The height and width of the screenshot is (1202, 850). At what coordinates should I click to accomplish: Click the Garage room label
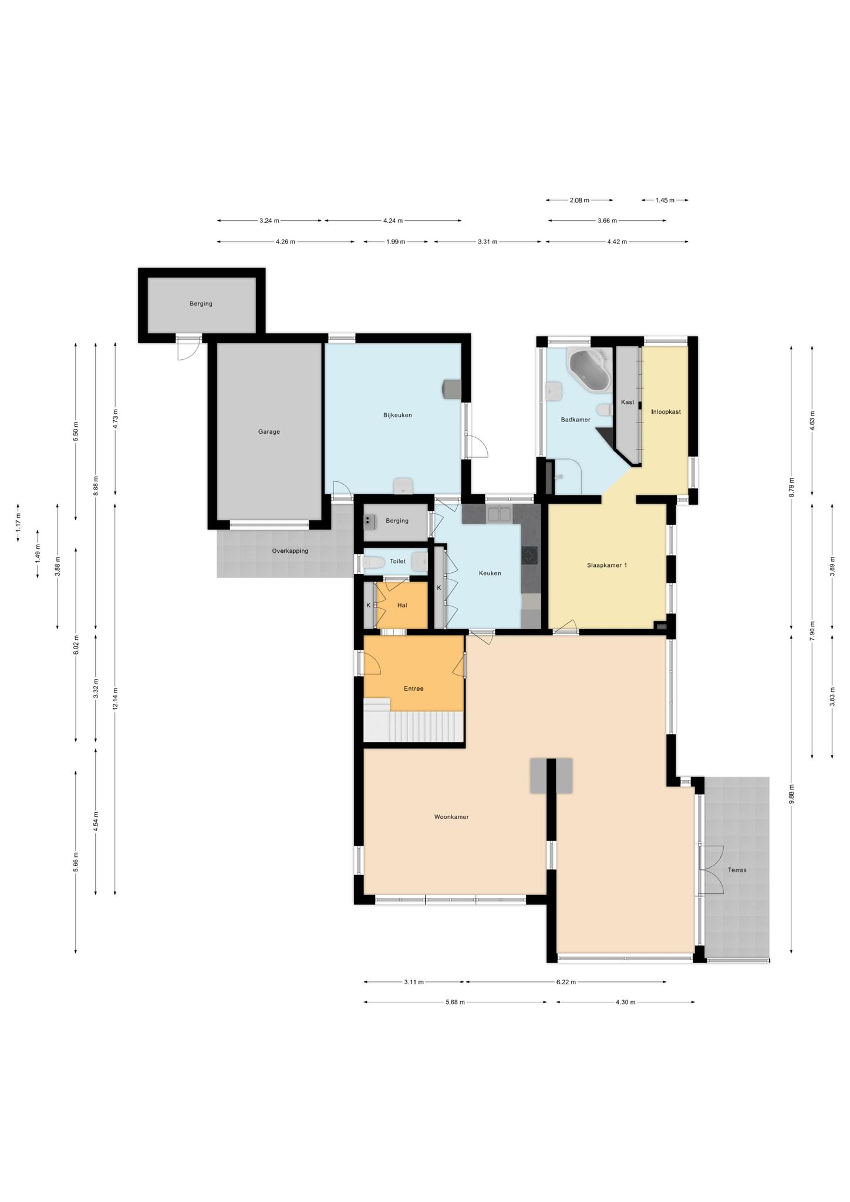(x=269, y=431)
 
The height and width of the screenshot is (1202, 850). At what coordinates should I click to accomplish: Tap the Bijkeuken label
(x=397, y=415)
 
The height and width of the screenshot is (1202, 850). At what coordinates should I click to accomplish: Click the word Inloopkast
(x=666, y=411)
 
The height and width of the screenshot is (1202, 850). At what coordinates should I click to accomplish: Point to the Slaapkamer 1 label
(x=607, y=565)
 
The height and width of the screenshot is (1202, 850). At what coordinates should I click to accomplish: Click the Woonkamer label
(x=451, y=816)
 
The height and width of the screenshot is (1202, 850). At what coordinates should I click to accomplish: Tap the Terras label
(x=737, y=870)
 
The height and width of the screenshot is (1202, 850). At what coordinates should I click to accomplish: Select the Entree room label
(x=414, y=688)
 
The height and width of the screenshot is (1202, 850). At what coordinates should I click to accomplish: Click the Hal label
(x=402, y=605)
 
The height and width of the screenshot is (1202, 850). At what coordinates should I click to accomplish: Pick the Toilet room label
(x=397, y=561)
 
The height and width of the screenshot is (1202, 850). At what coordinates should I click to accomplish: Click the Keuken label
(x=490, y=573)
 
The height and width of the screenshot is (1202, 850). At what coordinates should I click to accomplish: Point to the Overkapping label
(x=290, y=551)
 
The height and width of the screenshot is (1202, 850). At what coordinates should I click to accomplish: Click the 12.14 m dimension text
(x=115, y=699)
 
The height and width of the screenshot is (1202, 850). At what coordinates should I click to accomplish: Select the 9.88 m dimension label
(x=791, y=796)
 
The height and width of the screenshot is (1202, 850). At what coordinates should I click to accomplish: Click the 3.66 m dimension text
(x=607, y=221)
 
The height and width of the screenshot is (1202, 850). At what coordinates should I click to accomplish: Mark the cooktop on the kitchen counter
(x=530, y=556)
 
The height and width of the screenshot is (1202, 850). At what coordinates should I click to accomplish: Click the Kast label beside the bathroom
(x=628, y=402)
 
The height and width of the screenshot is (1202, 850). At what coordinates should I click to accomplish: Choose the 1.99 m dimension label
(x=396, y=242)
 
